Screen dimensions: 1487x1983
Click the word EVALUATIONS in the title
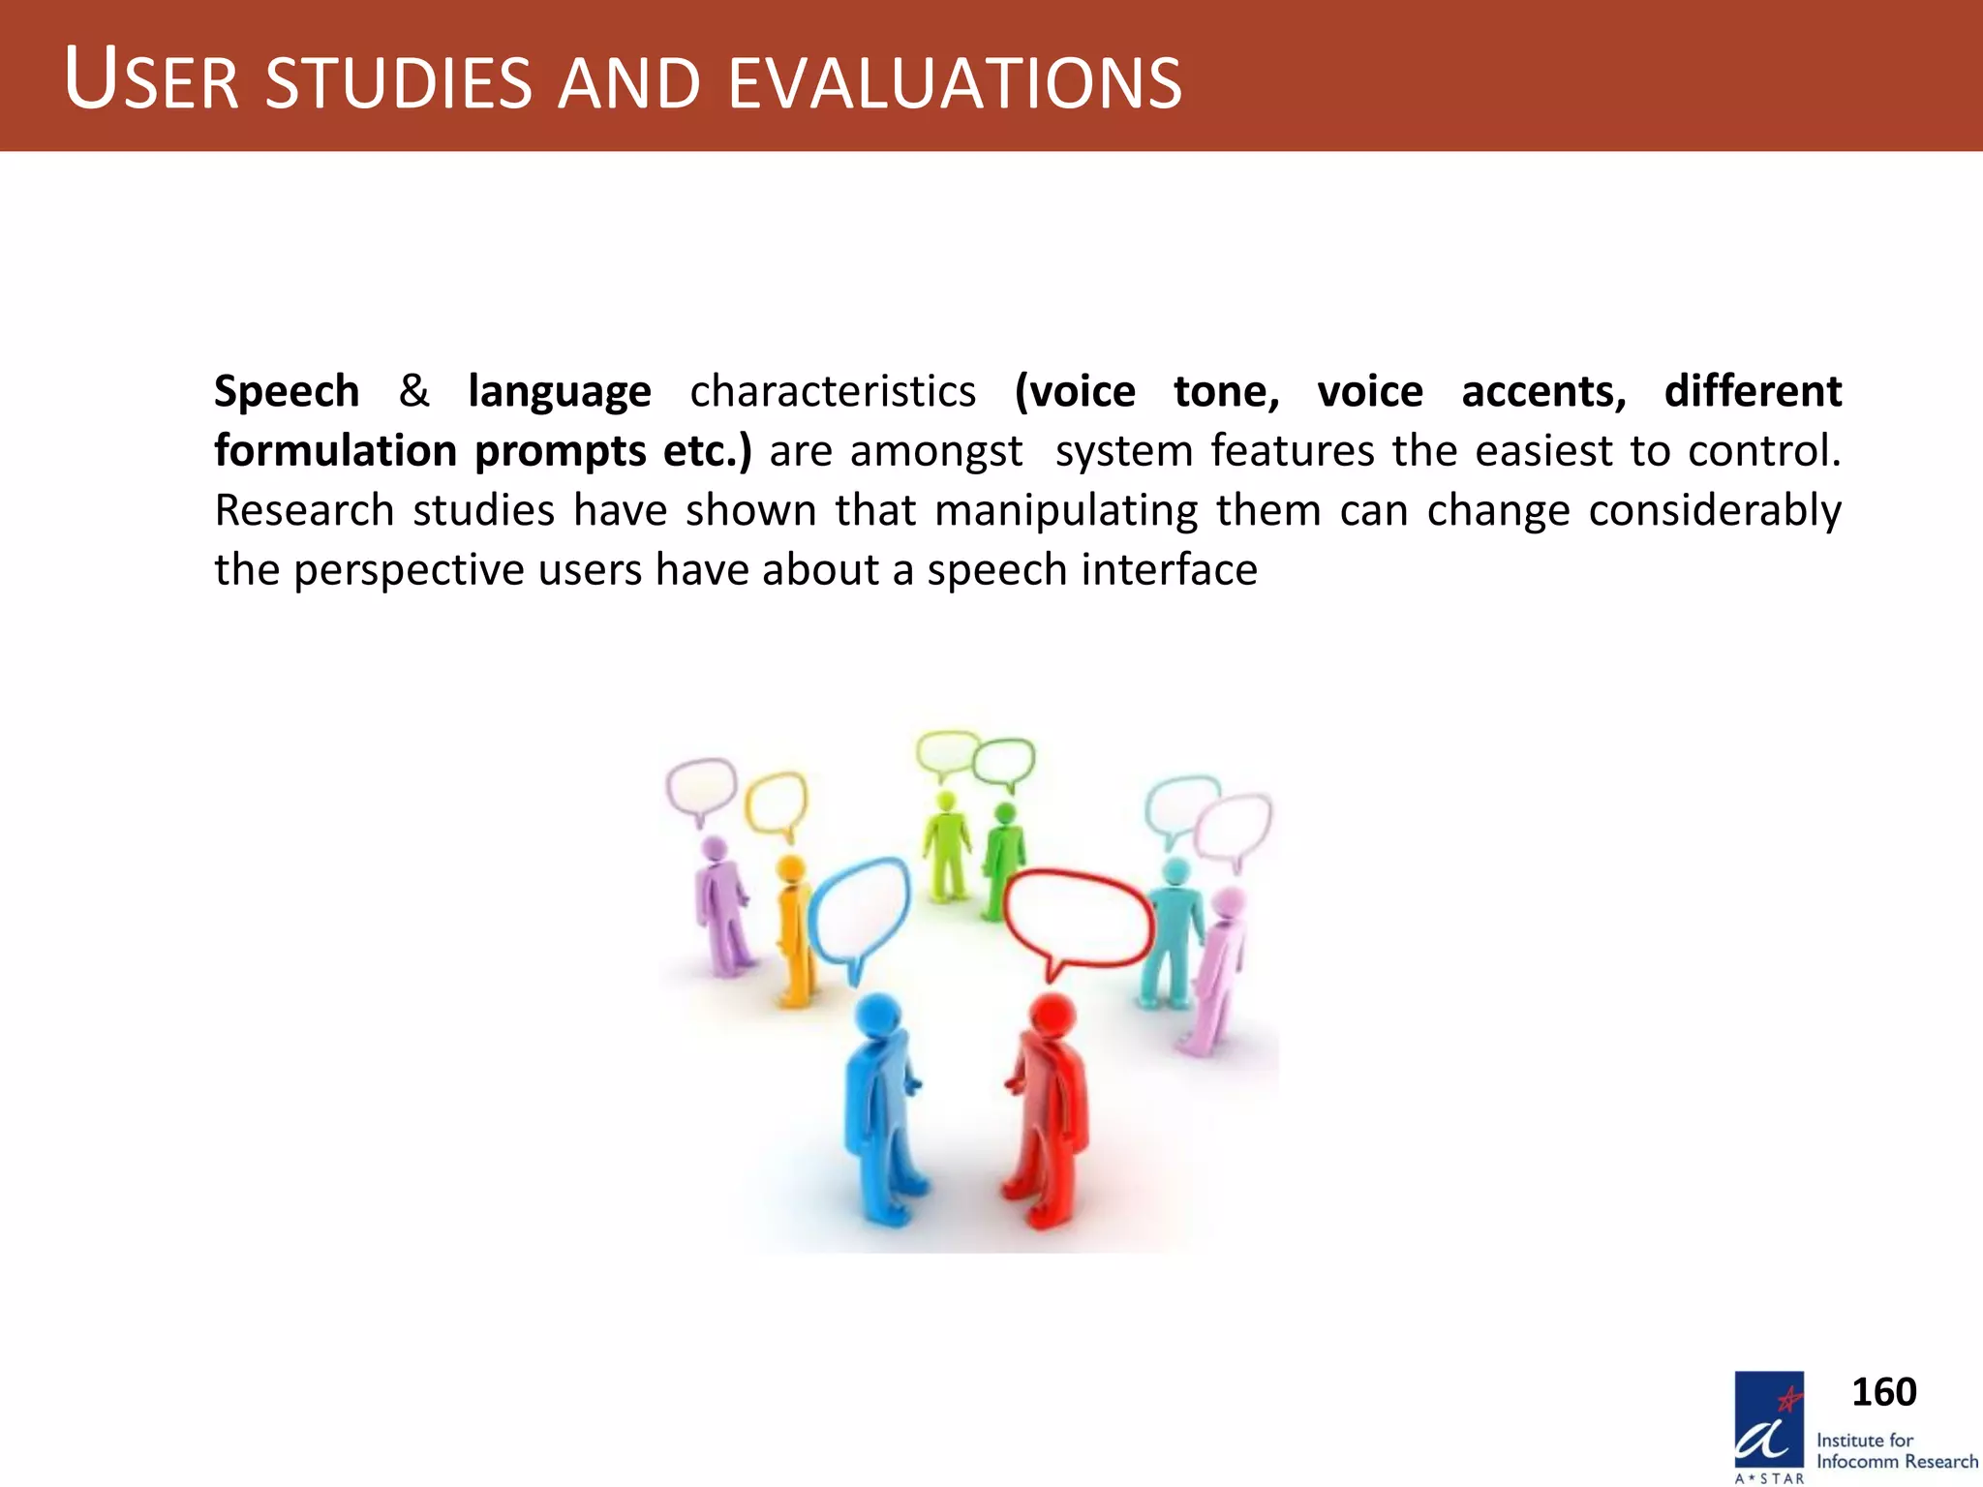click(954, 83)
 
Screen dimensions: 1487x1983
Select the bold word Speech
click(287, 392)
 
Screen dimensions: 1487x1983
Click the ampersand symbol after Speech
click(413, 391)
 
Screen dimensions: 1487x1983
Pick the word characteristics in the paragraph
click(833, 392)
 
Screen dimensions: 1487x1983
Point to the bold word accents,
click(1543, 392)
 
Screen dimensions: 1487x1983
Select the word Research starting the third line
click(303, 511)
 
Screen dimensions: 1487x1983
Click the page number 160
click(1883, 1392)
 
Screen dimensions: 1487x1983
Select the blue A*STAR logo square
click(1769, 1418)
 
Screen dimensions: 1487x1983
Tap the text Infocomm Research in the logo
click(1896, 1462)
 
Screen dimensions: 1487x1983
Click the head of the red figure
click(1052, 1015)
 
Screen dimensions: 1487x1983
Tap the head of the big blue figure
click(879, 1017)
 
